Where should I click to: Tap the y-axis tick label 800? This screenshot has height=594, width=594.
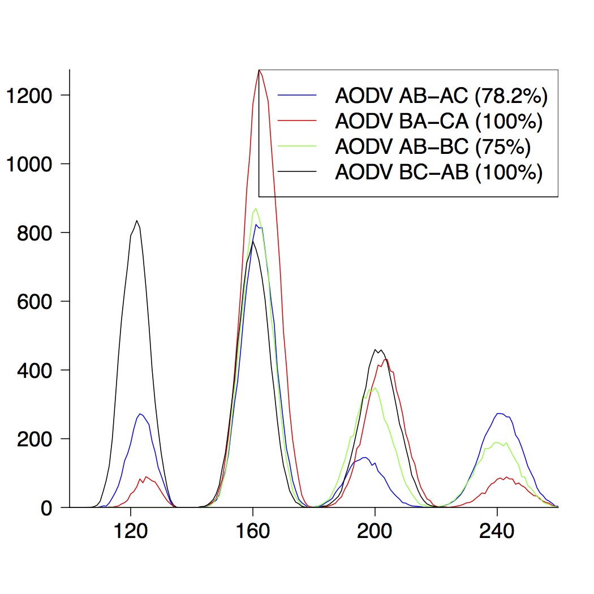tap(36, 233)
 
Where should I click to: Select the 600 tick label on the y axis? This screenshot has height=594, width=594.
tap(36, 302)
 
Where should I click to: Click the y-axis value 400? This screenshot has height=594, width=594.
tap(36, 370)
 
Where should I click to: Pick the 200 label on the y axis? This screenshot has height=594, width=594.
tap(36, 439)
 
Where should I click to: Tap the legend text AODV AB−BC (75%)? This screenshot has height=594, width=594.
tap(433, 147)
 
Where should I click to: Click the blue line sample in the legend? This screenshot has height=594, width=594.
tap(296, 95)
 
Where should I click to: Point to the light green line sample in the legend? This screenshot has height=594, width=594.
tap(296, 146)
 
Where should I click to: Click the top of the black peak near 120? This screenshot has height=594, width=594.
tap(137, 221)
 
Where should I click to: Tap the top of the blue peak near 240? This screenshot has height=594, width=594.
tap(499, 414)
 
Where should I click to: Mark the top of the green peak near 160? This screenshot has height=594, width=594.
tap(256, 209)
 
